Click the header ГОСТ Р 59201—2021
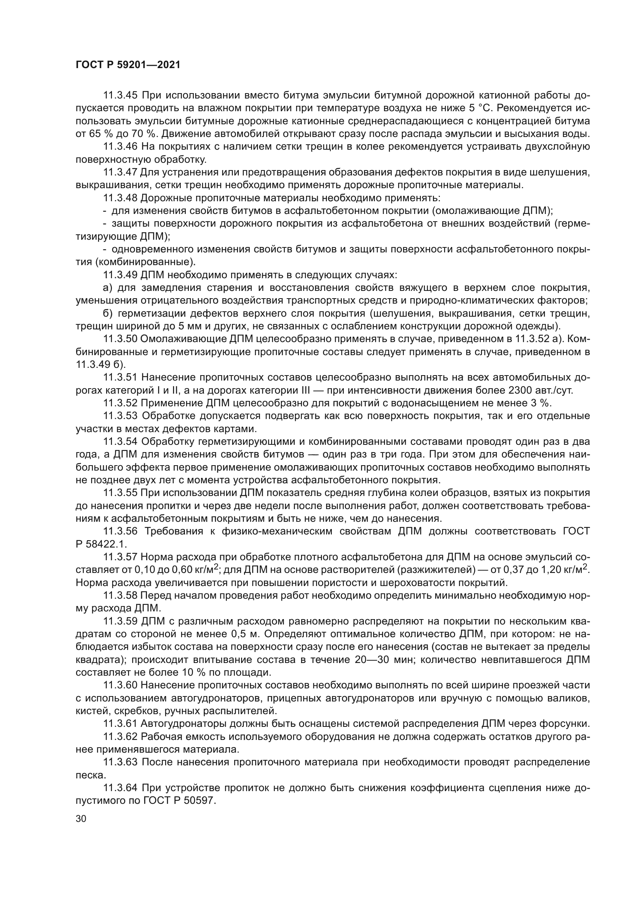[x=128, y=65]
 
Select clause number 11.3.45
[x=120, y=95]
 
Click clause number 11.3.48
[x=120, y=198]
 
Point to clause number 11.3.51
[x=120, y=377]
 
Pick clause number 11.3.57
[x=120, y=557]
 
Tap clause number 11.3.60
[x=120, y=685]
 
